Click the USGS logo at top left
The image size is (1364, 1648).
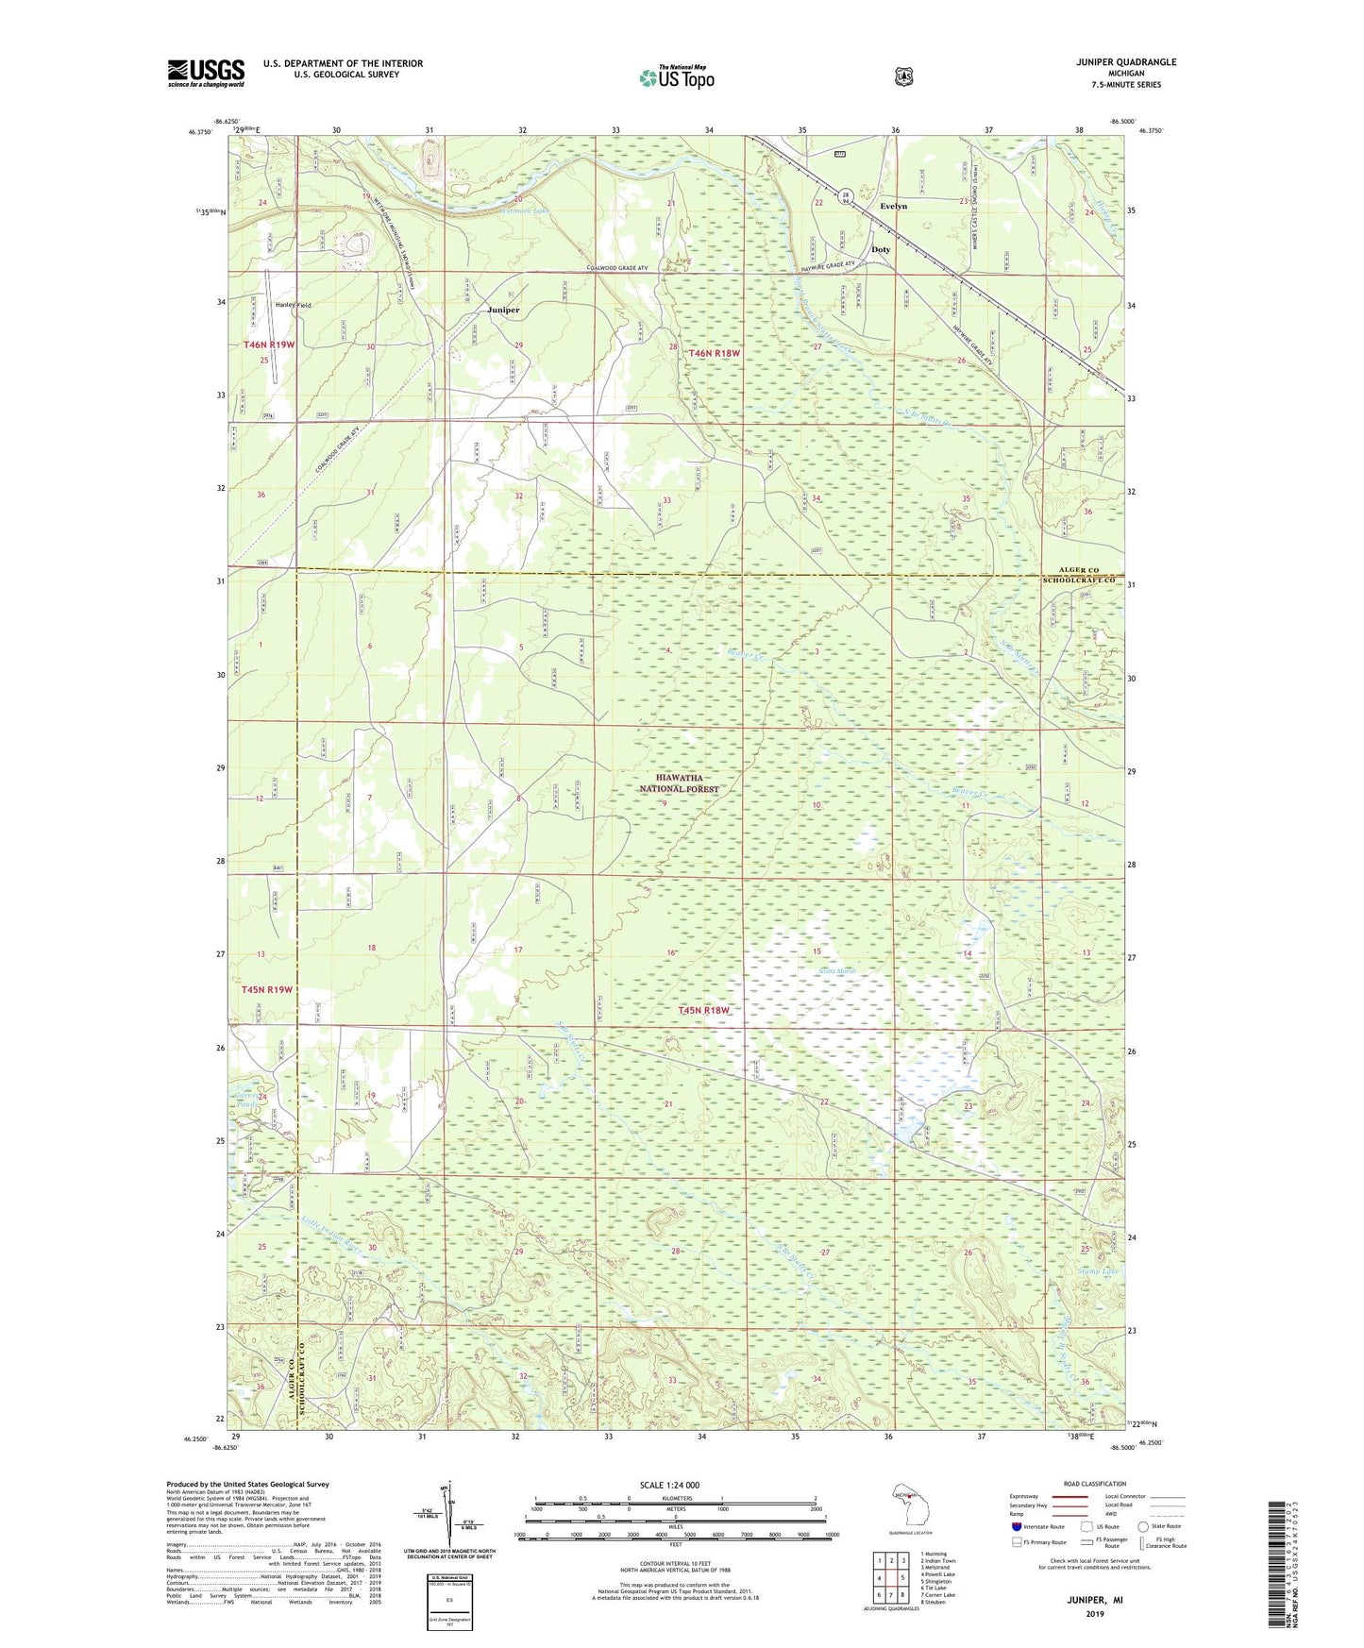(206, 73)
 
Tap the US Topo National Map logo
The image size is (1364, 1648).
(675, 77)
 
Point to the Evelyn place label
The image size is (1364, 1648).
(893, 206)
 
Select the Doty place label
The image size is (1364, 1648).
(880, 249)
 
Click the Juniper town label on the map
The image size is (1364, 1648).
(503, 310)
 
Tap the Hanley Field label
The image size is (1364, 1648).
(293, 306)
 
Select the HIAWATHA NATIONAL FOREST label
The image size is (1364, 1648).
(679, 784)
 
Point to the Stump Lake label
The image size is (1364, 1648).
(1098, 1271)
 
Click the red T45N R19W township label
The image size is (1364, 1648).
(267, 989)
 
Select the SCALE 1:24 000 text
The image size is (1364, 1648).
(669, 1485)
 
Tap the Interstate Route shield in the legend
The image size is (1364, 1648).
(1016, 1526)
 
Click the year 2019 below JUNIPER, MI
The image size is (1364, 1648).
(1095, 1614)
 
